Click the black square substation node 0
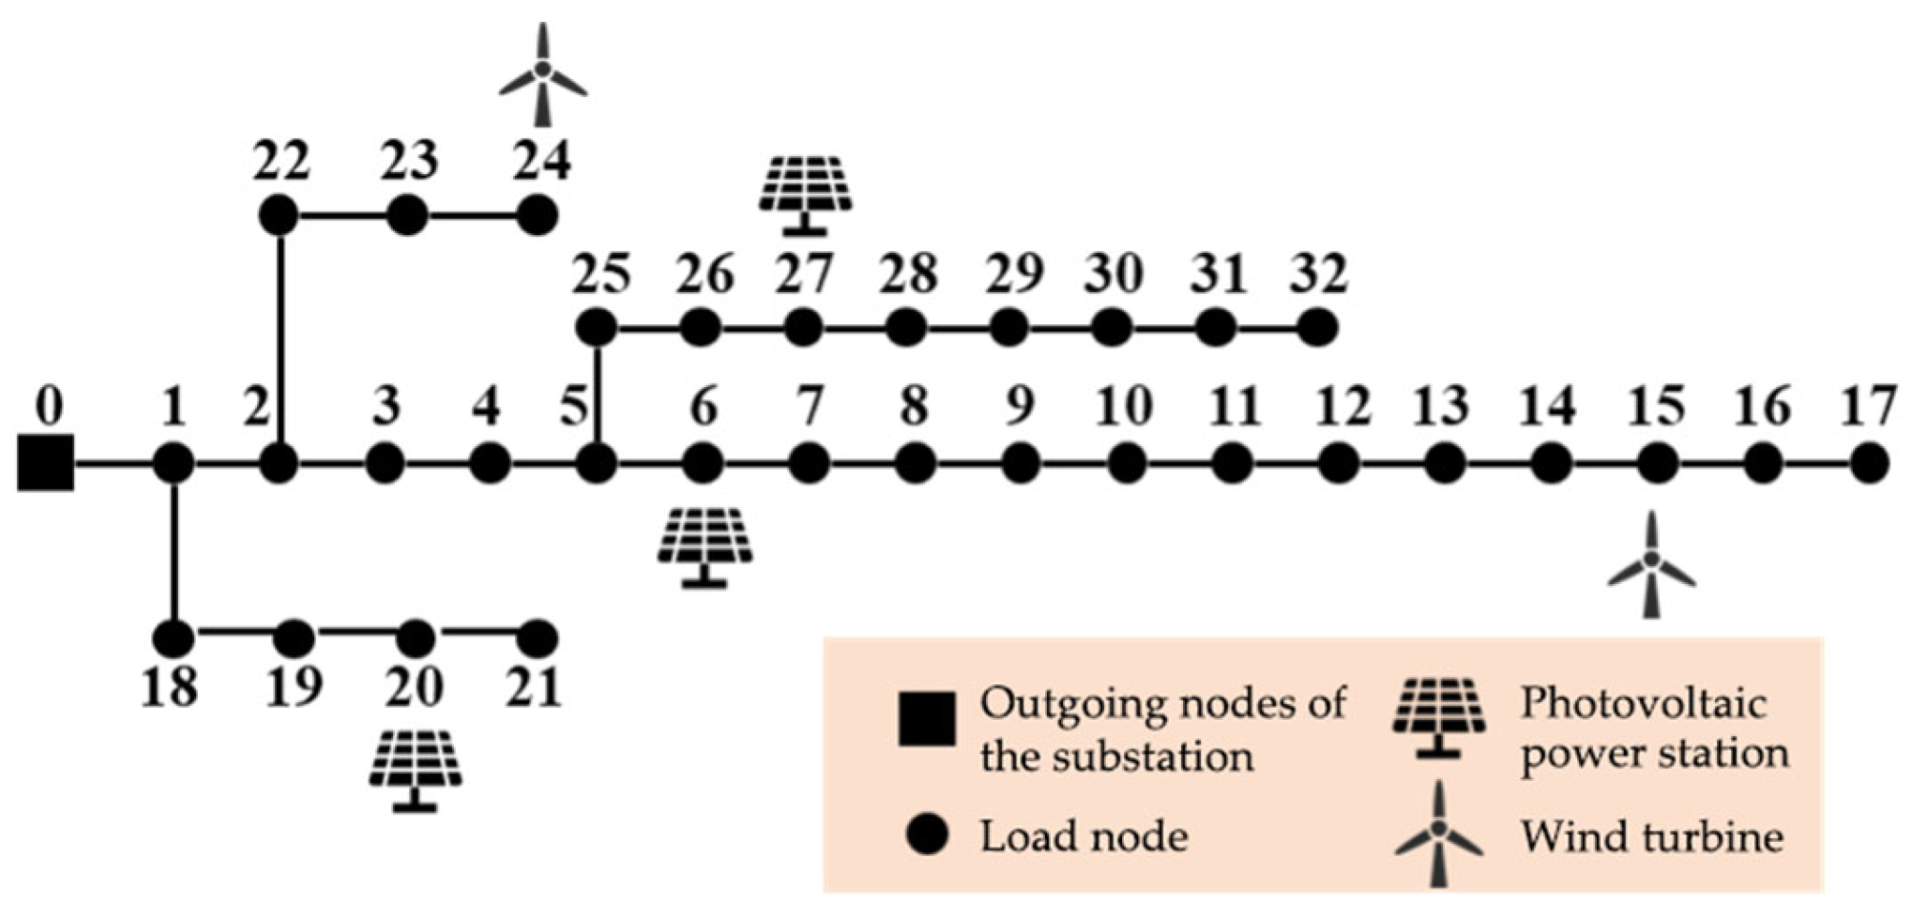coord(46,463)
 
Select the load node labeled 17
coord(1869,464)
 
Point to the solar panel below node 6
coord(704,547)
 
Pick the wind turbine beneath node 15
coord(1651,565)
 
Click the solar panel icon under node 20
coord(416,769)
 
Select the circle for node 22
coord(279,216)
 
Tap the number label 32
coord(1318,275)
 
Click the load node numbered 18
coord(173,638)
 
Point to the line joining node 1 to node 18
coord(174,552)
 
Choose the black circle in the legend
coord(926,836)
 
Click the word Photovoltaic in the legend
coord(1643,705)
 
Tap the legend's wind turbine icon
coord(1438,834)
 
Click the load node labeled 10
coord(1127,464)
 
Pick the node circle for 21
coord(537,638)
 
